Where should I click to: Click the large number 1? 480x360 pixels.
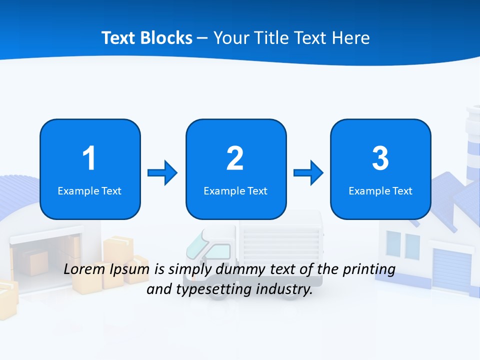pyautogui.click(x=89, y=158)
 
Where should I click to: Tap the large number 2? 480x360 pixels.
pyautogui.click(x=235, y=158)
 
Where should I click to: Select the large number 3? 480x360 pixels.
pyautogui.click(x=380, y=158)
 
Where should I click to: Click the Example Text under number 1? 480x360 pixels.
pyautogui.click(x=89, y=191)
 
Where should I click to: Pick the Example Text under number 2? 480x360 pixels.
pyautogui.click(x=235, y=191)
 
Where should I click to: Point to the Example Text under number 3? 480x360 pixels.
pyautogui.click(x=380, y=191)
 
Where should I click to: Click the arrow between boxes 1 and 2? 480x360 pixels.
pyautogui.click(x=162, y=173)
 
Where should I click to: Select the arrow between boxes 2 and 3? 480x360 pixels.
pyautogui.click(x=308, y=173)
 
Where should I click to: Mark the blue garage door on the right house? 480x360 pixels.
pyautogui.click(x=451, y=270)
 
